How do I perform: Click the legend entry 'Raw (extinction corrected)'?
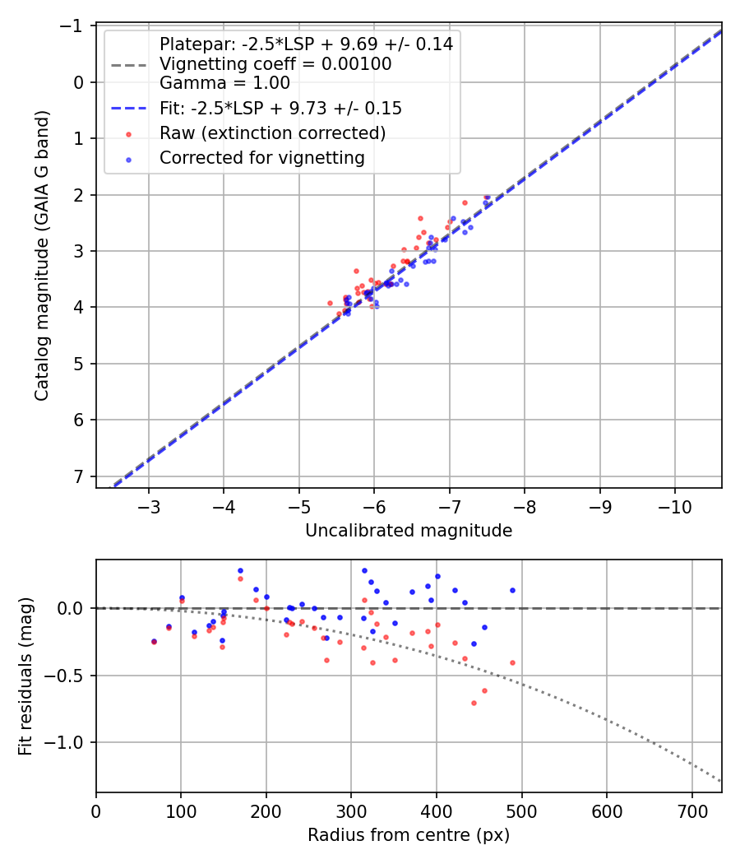[x=272, y=133]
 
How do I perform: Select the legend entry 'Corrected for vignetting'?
[x=261, y=158]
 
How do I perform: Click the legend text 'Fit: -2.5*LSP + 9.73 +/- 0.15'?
[x=280, y=109]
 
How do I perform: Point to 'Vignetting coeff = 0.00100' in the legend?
[x=275, y=64]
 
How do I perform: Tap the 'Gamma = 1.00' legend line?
[x=224, y=83]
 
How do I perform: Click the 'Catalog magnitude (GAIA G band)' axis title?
[x=42, y=256]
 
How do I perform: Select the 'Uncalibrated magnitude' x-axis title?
[x=409, y=531]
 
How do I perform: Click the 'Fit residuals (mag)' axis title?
[x=25, y=676]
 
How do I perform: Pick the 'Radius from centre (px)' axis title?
[x=409, y=835]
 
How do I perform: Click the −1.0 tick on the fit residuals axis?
[x=70, y=743]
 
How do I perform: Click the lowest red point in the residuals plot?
[x=474, y=703]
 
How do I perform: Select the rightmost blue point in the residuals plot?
[x=512, y=590]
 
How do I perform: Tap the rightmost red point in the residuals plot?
[x=512, y=662]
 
